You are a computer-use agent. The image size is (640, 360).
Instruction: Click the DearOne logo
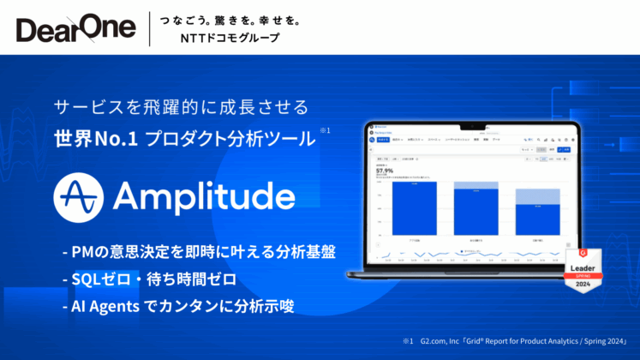[x=75, y=27]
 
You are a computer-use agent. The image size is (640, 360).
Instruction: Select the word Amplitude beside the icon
[x=203, y=196]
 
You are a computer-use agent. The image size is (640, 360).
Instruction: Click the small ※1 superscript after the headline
[x=325, y=130]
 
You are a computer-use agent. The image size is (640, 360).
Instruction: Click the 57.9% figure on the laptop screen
[x=386, y=171]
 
